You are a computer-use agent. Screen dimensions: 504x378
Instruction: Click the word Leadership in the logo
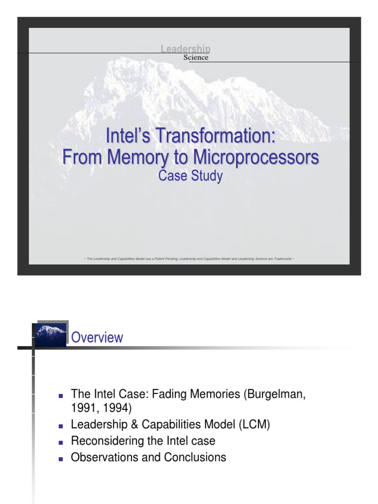tap(186, 48)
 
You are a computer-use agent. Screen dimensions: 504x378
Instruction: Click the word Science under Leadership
tap(196, 58)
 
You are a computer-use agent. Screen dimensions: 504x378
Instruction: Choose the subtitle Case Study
tap(189, 176)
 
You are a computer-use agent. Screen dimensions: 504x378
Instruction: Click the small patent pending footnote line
tap(189, 258)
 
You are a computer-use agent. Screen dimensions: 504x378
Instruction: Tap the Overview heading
tap(97, 338)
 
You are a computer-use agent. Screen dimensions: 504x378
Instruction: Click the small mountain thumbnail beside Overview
tap(51, 335)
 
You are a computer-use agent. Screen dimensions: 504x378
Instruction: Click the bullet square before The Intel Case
tap(61, 396)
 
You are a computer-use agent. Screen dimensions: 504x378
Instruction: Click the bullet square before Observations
tap(61, 458)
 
